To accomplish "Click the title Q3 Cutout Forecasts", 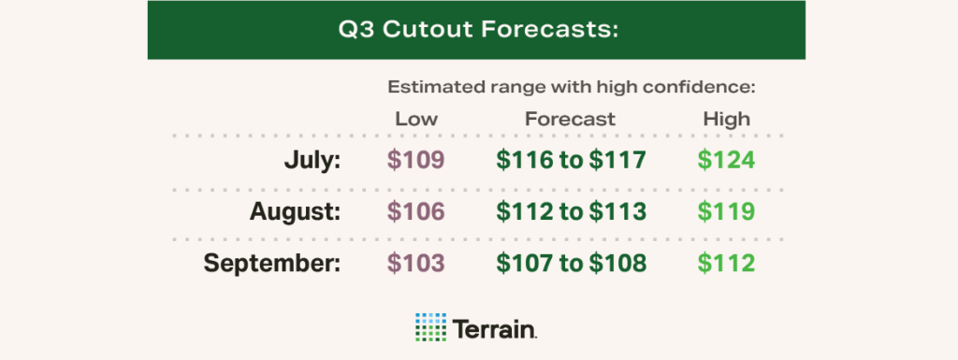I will pos(478,29).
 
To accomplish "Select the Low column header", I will pos(416,119).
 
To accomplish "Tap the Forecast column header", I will pos(570,119).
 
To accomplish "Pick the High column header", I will pos(726,119).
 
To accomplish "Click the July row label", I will pos(312,160).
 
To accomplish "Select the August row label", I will pos(295,211).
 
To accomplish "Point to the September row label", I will pos(272,264).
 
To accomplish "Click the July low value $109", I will pos(416,160).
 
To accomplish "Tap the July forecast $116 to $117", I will pos(570,160).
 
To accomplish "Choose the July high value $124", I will pos(726,160).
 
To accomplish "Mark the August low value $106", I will pos(416,211).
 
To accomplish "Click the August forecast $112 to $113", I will pos(570,211).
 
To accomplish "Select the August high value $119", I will pos(726,211).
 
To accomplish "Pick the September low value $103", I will pos(416,264).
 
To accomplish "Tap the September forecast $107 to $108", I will pos(570,264).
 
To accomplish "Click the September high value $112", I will pos(726,264).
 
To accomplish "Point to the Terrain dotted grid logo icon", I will pos(430,327).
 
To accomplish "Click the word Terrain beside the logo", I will pos(495,328).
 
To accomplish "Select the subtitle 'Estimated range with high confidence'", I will pos(571,88).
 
